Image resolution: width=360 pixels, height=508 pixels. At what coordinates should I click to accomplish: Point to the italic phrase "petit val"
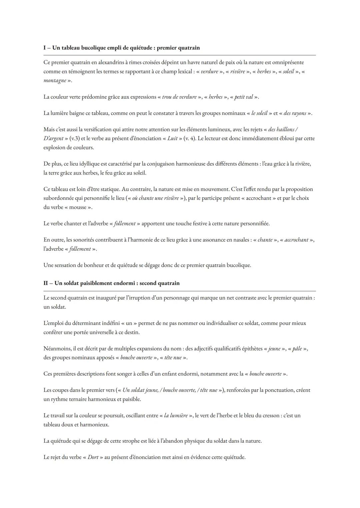point(244,97)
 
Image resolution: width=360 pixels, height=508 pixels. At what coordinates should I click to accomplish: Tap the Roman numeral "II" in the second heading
point(46,283)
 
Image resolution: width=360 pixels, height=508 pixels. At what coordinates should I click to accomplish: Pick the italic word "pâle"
point(297,349)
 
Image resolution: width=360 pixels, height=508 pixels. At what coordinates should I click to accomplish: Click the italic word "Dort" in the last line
point(93,457)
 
